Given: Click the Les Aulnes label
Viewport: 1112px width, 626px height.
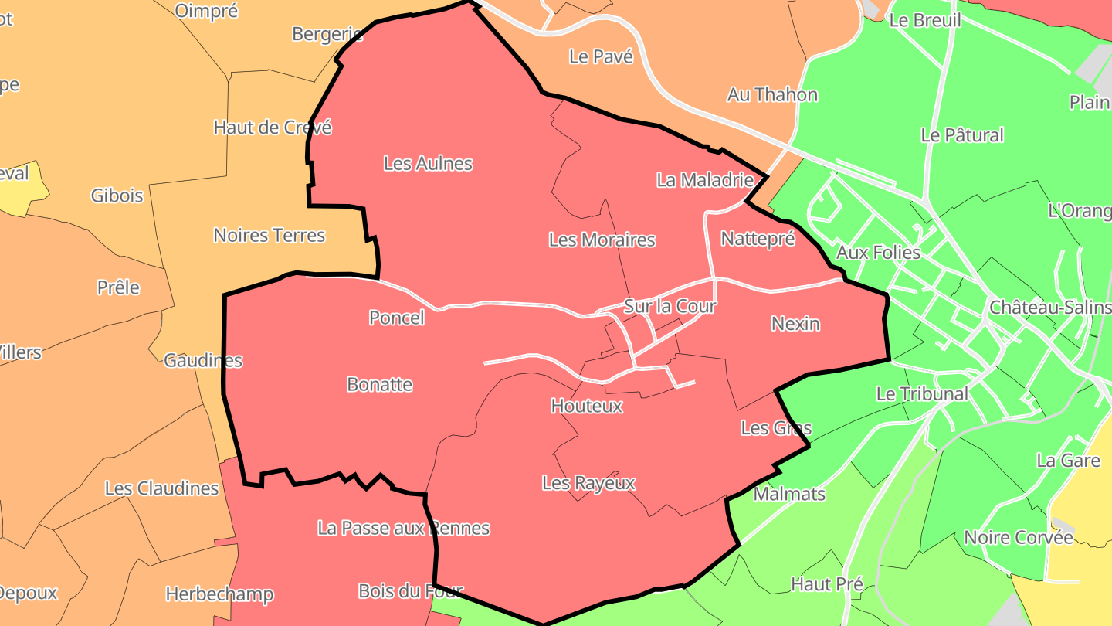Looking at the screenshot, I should (428, 164).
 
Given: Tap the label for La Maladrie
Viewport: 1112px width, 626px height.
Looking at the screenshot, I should (704, 180).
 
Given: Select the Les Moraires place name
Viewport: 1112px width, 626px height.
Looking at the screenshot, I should (602, 240).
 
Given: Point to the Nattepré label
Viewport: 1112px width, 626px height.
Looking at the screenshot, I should (758, 239).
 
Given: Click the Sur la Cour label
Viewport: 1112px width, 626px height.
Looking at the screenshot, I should (670, 306).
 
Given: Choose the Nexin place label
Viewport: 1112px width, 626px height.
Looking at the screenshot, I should (795, 324).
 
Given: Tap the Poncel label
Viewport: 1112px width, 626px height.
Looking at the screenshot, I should (396, 318).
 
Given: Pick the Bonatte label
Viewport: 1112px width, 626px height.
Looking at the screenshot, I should (379, 385).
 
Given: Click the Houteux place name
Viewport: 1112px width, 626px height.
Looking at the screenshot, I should (586, 406).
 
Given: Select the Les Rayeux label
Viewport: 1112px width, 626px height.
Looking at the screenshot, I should (588, 484).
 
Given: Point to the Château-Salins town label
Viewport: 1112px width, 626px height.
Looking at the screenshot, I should (1050, 308).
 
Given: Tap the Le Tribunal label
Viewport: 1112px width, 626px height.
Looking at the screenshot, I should (921, 394).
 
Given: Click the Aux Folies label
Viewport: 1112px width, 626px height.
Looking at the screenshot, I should (878, 253).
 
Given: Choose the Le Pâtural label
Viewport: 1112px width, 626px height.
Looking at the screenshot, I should (961, 135).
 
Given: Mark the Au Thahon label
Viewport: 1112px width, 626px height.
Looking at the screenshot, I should (772, 95).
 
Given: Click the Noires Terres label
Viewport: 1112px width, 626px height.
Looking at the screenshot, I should (269, 236).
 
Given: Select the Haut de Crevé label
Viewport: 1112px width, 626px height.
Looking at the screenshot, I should (272, 128).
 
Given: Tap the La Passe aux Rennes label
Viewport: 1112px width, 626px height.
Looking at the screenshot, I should (403, 529).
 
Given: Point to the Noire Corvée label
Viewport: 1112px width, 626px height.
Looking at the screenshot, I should (1018, 538).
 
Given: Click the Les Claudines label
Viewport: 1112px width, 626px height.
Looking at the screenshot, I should (161, 488).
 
